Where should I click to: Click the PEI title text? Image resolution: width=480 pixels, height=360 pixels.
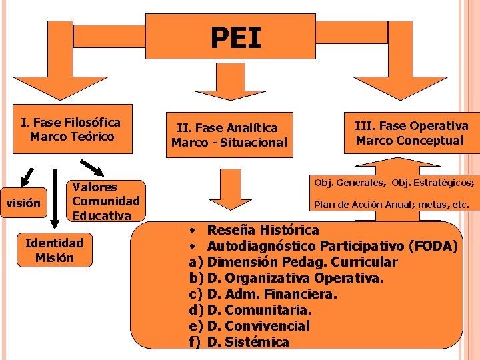[236, 38]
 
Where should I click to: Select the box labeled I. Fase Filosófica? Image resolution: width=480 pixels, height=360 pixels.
[71, 129]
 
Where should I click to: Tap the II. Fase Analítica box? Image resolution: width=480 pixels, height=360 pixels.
[229, 135]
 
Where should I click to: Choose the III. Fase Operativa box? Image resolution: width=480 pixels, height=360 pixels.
[411, 133]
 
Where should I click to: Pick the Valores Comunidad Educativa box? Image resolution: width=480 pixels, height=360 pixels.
[106, 201]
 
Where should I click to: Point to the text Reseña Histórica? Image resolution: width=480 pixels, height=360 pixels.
[263, 230]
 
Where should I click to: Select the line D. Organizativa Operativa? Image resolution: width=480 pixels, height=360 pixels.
[295, 278]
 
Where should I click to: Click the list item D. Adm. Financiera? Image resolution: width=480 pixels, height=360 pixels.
[272, 294]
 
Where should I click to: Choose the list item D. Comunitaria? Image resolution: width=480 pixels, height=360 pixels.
[260, 310]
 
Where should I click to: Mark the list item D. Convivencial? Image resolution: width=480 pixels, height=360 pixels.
[259, 326]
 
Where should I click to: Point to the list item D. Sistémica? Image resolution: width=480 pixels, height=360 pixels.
[248, 342]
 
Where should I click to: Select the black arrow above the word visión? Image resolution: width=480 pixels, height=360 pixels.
[26, 175]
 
